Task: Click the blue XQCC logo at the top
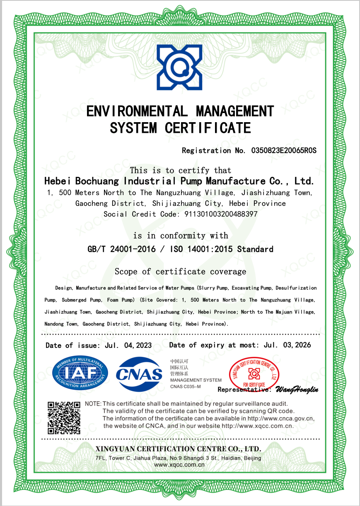coord(179,67)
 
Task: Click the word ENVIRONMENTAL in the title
coord(137,111)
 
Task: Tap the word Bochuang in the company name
coord(98,181)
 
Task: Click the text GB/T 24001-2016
coord(121,249)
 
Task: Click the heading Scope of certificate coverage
coord(180,272)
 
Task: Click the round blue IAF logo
coord(80,373)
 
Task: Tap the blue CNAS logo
coord(139,374)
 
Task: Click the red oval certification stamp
coord(254,373)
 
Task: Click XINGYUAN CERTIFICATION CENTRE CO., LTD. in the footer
coord(178,449)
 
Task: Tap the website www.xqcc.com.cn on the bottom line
coord(179,465)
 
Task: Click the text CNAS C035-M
coord(185,386)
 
